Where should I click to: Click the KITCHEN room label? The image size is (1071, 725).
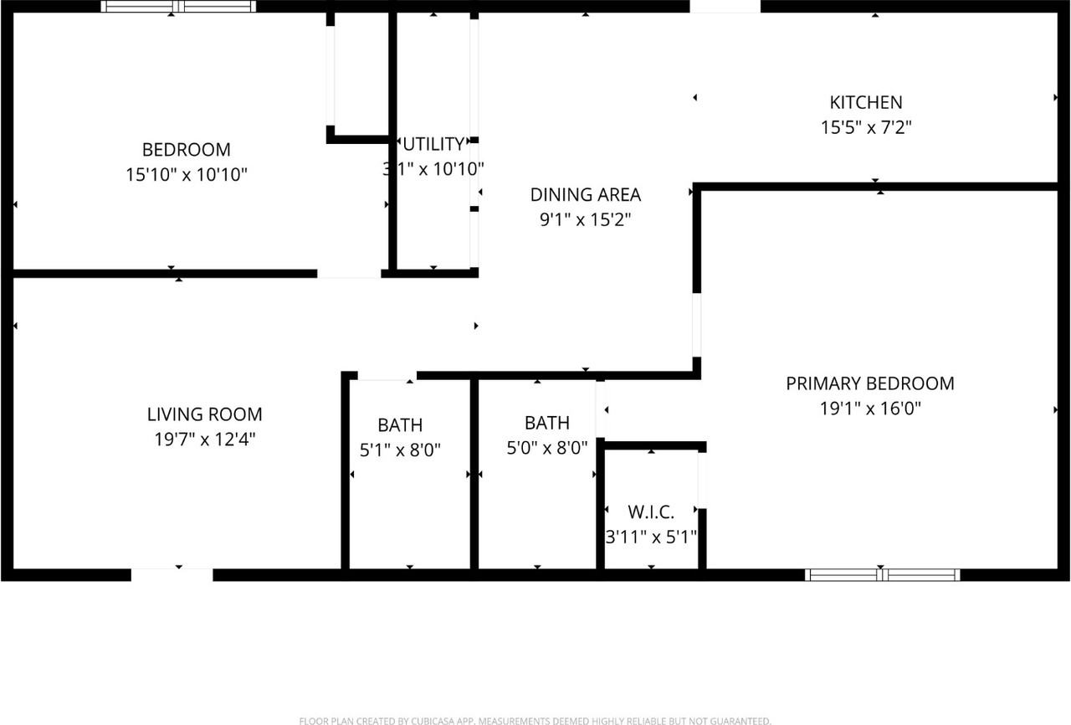tap(866, 102)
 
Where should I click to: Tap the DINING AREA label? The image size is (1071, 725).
tap(586, 195)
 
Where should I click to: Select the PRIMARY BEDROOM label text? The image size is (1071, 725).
tap(870, 383)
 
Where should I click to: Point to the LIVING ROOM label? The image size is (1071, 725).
tap(205, 414)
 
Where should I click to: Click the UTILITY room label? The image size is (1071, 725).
tap(433, 143)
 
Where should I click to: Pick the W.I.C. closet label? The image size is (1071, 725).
tap(651, 511)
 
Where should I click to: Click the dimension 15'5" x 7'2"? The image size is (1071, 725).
tap(866, 128)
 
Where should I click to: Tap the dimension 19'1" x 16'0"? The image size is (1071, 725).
tap(870, 409)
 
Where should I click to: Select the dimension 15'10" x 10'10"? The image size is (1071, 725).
tap(187, 175)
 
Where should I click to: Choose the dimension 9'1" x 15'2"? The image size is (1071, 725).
tap(586, 220)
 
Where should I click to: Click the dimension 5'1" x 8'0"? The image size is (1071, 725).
tap(400, 450)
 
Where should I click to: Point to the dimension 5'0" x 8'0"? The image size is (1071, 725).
tap(547, 448)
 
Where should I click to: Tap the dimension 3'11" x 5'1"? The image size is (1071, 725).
tap(651, 536)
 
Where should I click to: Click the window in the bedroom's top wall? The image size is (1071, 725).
tap(177, 7)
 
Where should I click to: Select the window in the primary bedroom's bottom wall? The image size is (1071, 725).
tap(882, 574)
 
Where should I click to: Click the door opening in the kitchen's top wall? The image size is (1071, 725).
tap(725, 7)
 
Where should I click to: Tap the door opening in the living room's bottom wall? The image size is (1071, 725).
tap(172, 574)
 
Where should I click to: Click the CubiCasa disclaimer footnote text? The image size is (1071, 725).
tap(535, 720)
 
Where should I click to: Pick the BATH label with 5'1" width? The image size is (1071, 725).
tap(400, 424)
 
